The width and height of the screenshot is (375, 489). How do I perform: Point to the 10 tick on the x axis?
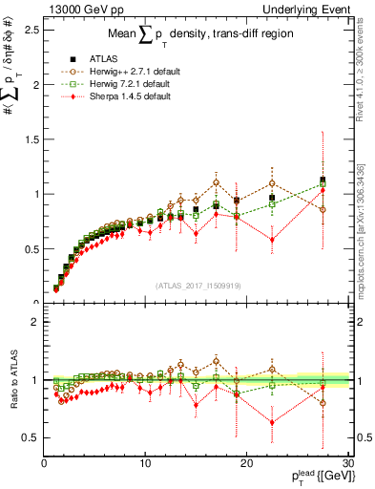tap(145, 464)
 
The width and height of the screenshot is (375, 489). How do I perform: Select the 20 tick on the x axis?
tap(246, 464)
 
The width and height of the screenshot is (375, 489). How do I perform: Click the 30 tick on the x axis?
tap(347, 464)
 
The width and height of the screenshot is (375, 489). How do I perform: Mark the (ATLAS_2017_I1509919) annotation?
tap(197, 284)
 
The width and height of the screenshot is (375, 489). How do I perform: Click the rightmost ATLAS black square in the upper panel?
tap(323, 180)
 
